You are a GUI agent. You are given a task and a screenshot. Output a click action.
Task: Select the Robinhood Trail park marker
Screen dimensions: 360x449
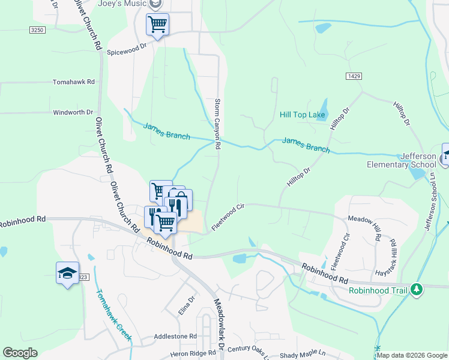417,290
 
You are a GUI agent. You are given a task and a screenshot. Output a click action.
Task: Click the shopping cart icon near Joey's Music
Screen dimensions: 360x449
157,25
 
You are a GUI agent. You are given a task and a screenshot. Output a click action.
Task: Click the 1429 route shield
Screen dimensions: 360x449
354,76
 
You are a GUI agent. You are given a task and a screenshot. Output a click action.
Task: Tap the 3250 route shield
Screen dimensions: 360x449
37,29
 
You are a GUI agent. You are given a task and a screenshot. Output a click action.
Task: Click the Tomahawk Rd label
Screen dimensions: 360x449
74,81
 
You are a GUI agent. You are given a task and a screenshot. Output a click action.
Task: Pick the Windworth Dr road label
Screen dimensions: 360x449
73,112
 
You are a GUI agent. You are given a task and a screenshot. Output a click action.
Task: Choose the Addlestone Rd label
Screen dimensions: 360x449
176,337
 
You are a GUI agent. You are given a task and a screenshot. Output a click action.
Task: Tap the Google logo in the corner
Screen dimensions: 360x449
20,353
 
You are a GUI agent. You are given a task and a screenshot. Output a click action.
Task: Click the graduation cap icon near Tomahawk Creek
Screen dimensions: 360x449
67,273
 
